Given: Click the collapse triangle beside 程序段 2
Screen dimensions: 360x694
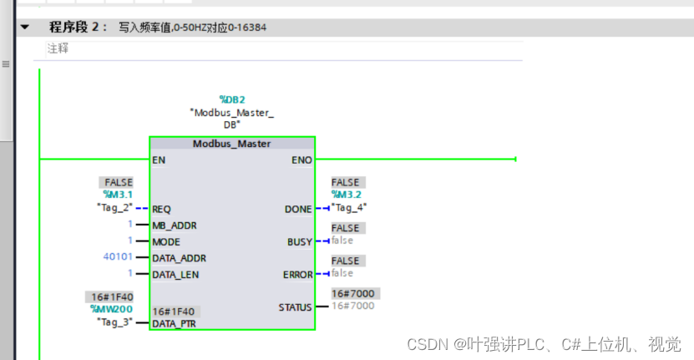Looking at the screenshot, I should pos(25,28).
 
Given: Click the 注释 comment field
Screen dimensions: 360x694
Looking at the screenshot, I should pos(58,48).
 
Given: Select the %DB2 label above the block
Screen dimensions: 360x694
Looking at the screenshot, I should pos(231,99).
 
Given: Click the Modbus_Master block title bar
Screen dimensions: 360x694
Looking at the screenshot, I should pos(232,144).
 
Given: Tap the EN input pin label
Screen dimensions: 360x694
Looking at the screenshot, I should pos(160,159).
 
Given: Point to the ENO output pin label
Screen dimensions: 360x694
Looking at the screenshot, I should pos(301,159).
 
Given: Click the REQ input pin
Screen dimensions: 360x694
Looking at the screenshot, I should pos(162,209).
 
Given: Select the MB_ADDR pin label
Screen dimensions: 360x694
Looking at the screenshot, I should pos(174,226).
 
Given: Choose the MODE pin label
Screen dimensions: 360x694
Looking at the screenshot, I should pos(167,241).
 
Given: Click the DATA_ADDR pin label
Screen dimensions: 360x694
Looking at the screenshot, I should pos(179,258).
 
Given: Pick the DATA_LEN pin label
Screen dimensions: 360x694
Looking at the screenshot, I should pos(175,274).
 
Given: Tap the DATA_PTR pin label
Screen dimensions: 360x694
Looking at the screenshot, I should pos(175,323).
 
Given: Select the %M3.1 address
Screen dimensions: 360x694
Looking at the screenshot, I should pos(118,195).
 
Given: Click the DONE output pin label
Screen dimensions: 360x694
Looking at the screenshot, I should pos(298,209).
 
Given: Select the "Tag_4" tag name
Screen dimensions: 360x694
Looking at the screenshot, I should pos(349,207).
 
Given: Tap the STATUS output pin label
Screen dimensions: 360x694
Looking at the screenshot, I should pos(295,307).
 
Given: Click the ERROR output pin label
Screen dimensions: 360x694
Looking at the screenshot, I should pos(296,274).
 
